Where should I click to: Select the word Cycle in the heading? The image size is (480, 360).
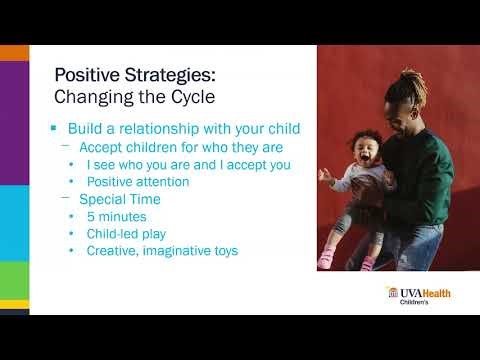(191, 97)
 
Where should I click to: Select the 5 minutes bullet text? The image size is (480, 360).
(118, 216)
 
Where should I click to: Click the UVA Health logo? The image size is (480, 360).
(418, 292)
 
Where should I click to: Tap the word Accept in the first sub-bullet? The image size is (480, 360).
(103, 147)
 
